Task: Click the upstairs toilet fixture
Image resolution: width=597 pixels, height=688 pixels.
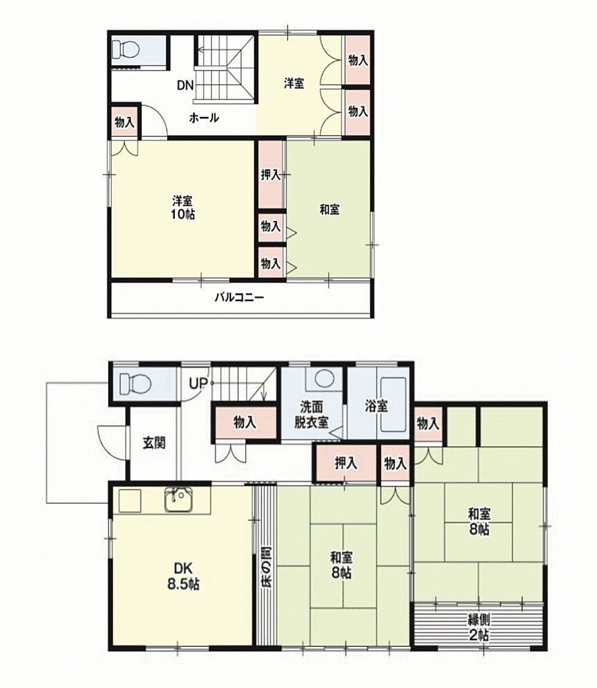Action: coord(124,50)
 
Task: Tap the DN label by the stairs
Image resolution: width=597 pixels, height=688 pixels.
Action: coord(186,85)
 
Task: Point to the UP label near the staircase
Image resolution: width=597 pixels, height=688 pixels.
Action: coord(198,384)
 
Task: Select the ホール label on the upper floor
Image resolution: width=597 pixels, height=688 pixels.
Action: coord(204,118)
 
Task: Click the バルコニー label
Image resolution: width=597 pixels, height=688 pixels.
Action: coord(239,298)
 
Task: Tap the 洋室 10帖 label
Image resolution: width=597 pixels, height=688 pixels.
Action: coord(184,208)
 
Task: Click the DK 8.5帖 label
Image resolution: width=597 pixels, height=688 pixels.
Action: coord(183,576)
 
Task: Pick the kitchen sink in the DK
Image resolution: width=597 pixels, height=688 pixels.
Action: coord(179,500)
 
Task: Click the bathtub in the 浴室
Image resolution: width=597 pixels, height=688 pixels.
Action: coord(393,405)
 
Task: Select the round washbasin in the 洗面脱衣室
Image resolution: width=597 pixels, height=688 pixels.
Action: coord(325,378)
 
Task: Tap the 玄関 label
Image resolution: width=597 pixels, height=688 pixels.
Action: coord(154,443)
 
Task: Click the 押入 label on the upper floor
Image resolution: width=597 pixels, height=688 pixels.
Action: coord(270,175)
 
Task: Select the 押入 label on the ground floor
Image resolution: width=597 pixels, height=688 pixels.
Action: coord(346,463)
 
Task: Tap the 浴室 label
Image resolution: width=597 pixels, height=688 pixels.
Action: coord(376,406)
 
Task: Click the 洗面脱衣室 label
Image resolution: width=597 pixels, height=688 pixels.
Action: coord(311,414)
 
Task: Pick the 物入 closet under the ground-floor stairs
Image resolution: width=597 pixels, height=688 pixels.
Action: coord(245,423)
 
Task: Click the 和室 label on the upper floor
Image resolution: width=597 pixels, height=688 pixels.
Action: coord(329,210)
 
